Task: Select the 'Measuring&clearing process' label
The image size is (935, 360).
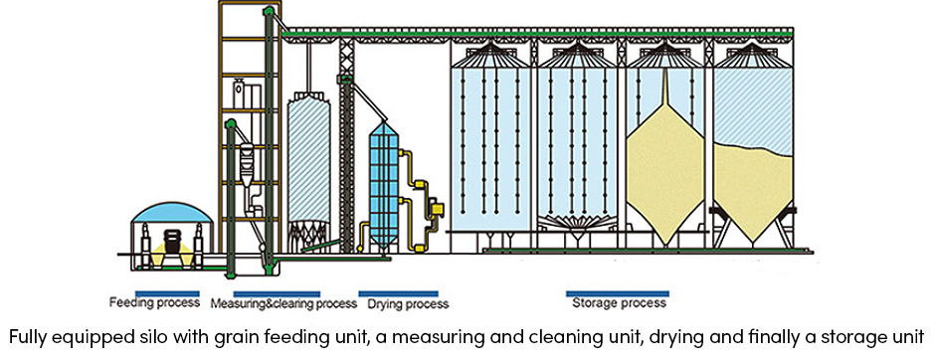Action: click(284, 303)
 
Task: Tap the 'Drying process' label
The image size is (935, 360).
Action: click(403, 303)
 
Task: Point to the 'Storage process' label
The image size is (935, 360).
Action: click(617, 303)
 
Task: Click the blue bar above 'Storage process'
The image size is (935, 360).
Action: click(617, 293)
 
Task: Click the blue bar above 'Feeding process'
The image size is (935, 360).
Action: click(149, 293)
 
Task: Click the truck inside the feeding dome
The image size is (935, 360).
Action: click(173, 244)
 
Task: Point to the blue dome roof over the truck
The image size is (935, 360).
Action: click(173, 214)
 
